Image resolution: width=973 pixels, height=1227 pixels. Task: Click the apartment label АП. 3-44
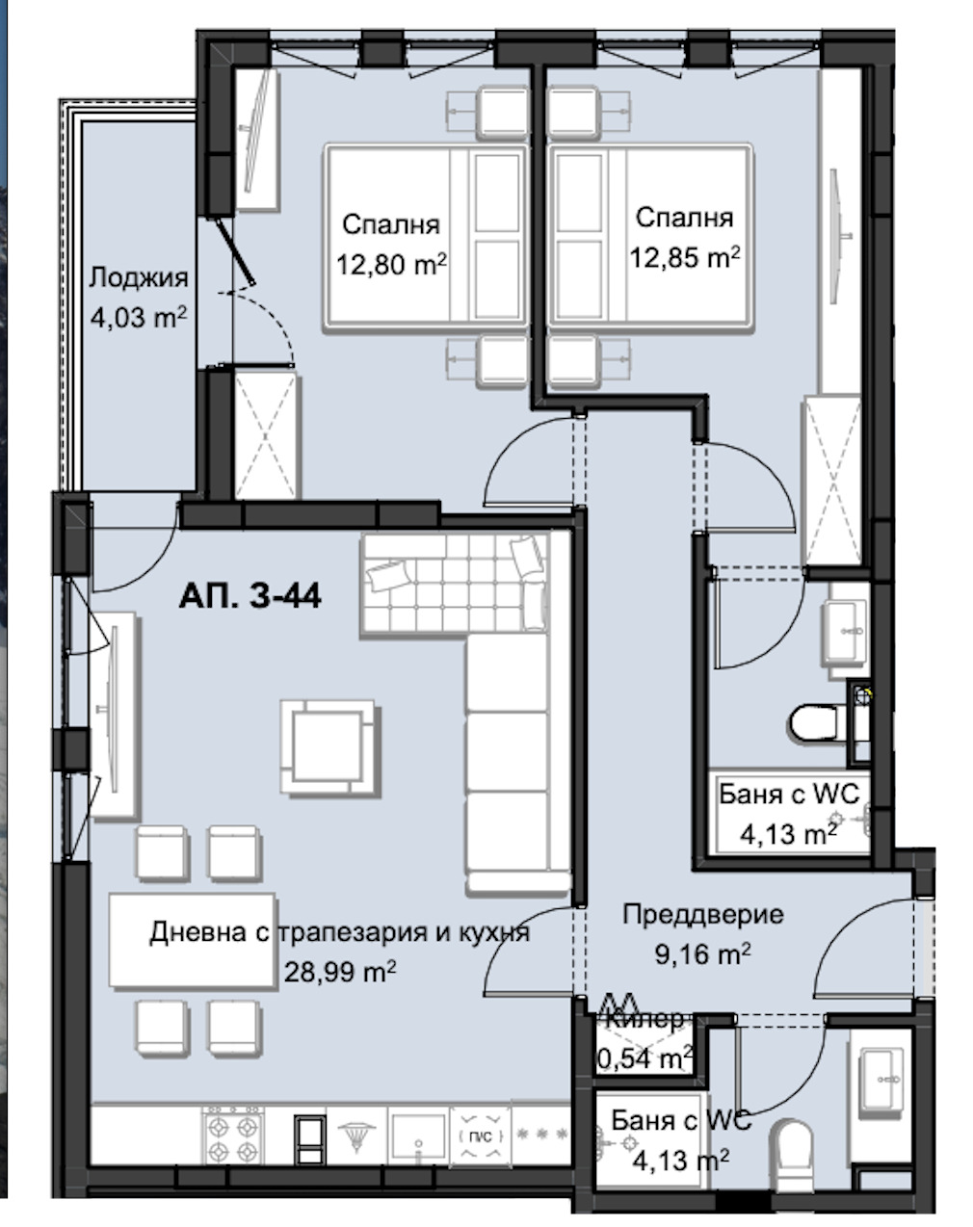(x=250, y=596)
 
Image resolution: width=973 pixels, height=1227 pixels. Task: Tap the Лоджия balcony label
(x=139, y=277)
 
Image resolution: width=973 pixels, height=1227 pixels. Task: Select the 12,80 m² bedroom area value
(x=391, y=264)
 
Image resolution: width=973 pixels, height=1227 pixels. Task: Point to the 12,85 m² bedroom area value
(x=685, y=257)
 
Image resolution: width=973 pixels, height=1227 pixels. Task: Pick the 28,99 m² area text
(x=340, y=971)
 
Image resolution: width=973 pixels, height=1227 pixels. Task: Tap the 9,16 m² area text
(x=702, y=953)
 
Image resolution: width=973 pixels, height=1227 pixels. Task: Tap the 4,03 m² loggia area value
(x=139, y=317)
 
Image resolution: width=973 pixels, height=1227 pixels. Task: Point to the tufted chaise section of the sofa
(x=455, y=585)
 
